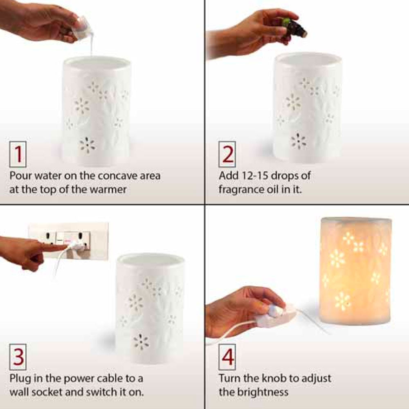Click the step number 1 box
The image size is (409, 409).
[18, 154]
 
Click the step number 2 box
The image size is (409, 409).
[227, 154]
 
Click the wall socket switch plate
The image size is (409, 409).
[68, 241]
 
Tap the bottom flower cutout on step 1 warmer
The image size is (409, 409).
[87, 145]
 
